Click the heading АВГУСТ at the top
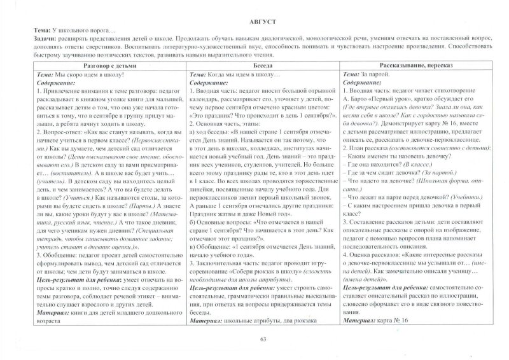tap(254, 22)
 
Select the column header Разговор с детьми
tap(108, 67)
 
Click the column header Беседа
tap(263, 67)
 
